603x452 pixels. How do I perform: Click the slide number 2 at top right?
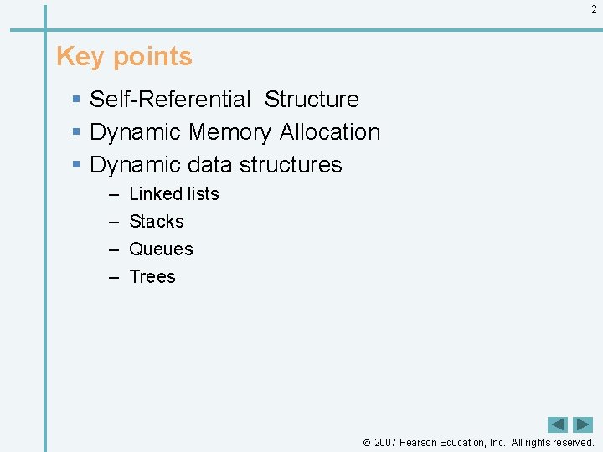pyautogui.click(x=594, y=9)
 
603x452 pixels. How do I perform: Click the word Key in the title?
pyautogui.click(x=80, y=56)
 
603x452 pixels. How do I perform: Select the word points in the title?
pyautogui.click(x=152, y=57)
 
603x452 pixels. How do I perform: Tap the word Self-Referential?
pyautogui.click(x=170, y=99)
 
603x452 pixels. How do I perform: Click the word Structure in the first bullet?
pyautogui.click(x=312, y=99)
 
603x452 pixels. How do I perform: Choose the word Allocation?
pyautogui.click(x=330, y=132)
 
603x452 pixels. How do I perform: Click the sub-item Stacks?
pyautogui.click(x=157, y=221)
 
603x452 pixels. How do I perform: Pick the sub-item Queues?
pyautogui.click(x=161, y=249)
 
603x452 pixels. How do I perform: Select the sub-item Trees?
pyautogui.click(x=152, y=276)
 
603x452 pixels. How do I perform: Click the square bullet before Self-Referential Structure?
pyautogui.click(x=76, y=100)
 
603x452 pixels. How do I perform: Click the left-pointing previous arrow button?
pyautogui.click(x=558, y=424)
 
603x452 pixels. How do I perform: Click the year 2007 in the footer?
pyautogui.click(x=385, y=442)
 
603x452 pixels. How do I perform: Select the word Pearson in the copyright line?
pyautogui.click(x=420, y=442)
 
